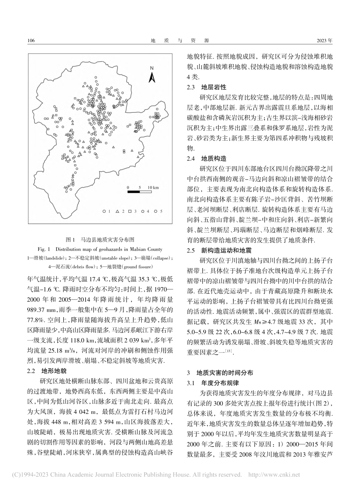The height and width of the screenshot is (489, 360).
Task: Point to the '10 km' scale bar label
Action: click(x=153, y=187)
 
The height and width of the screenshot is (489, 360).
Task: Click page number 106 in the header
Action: click(x=31, y=41)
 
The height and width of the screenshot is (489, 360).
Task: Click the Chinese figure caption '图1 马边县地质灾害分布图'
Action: click(x=100, y=240)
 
